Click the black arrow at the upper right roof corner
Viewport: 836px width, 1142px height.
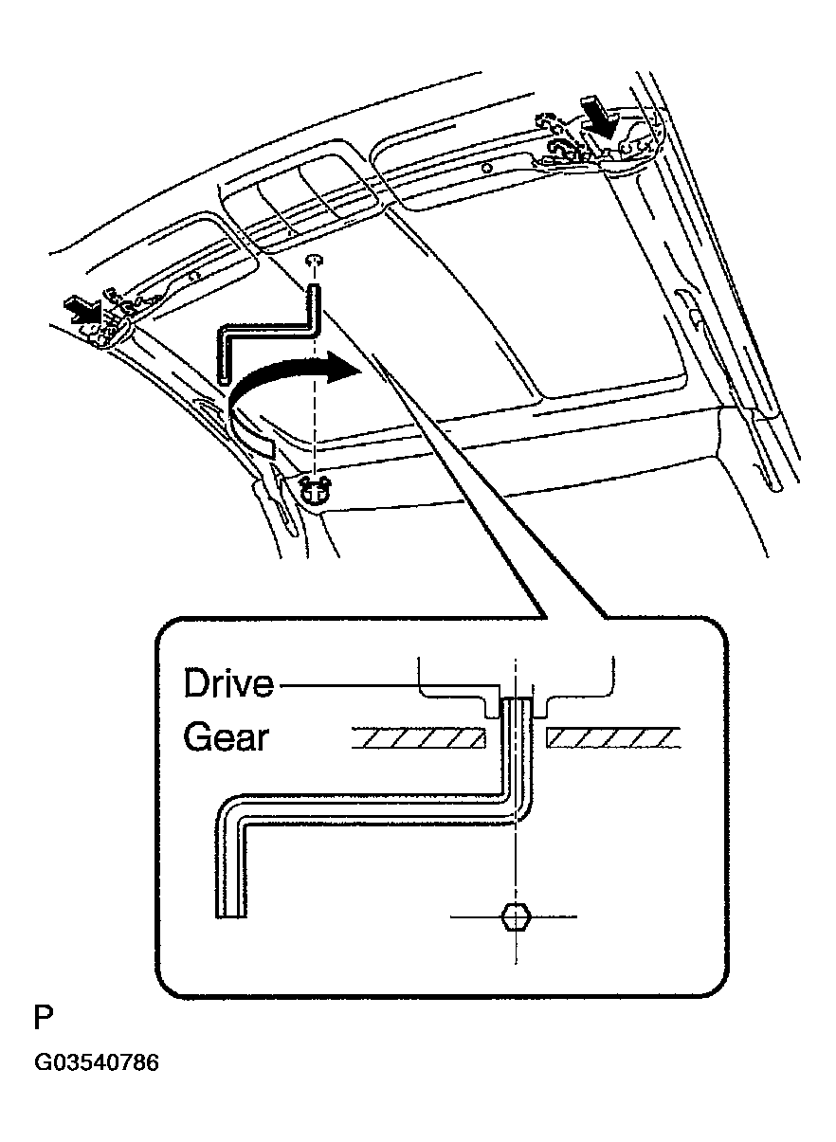point(599,118)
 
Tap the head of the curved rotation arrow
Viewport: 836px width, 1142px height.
point(343,369)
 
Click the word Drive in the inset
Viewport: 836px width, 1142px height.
point(228,682)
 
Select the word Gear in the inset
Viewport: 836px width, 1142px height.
point(225,736)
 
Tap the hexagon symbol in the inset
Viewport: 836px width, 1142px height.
point(515,916)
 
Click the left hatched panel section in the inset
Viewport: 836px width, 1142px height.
point(418,737)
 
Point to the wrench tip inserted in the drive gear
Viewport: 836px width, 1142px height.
point(516,706)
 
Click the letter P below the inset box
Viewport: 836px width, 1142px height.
point(44,1019)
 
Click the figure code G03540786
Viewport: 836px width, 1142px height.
point(97,1063)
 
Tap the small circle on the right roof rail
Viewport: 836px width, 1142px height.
point(485,167)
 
